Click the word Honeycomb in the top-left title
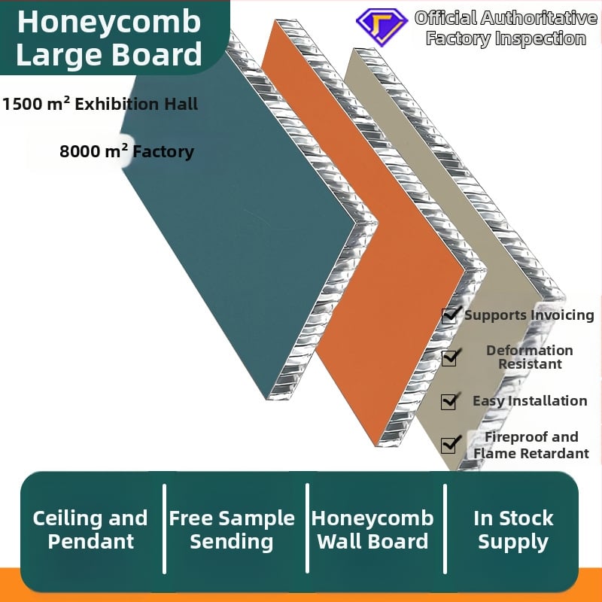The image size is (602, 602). click(109, 21)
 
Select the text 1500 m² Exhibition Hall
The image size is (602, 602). click(100, 104)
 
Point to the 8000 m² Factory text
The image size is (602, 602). click(126, 151)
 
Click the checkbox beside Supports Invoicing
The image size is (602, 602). click(449, 315)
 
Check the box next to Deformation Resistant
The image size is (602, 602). click(449, 357)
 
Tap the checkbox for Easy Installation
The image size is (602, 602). click(449, 401)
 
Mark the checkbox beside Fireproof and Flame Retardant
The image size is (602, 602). click(449, 445)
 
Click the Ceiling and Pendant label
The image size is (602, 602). click(90, 529)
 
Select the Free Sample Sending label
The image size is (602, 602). click(232, 529)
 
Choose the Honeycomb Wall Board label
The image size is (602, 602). click(372, 529)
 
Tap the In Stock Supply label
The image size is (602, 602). click(513, 529)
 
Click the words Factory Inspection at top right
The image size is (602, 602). click(506, 39)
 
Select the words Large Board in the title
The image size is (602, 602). click(109, 55)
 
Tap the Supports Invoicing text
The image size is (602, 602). click(529, 315)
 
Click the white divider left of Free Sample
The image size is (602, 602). click(164, 528)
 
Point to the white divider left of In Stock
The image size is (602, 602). click(445, 528)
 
